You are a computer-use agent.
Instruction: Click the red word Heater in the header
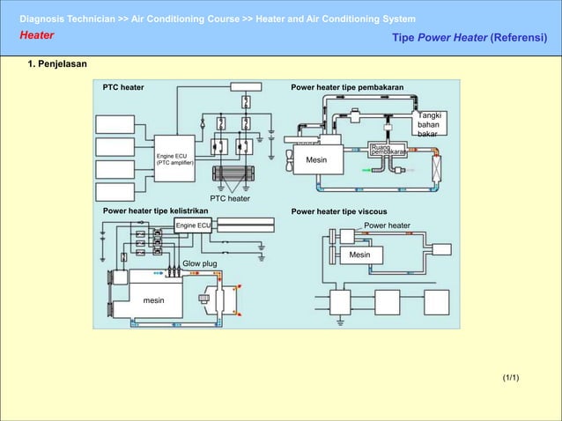coord(37,36)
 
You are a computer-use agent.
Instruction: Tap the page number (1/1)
coord(511,378)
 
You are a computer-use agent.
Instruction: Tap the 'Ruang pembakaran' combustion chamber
coord(388,149)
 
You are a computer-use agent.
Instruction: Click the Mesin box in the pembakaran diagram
coord(316,160)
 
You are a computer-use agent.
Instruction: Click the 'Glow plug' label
coord(199,263)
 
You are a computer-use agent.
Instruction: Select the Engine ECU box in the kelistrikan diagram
coord(192,225)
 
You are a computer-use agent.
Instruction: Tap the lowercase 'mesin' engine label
coord(153,301)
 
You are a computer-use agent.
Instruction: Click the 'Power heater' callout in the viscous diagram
coord(387,225)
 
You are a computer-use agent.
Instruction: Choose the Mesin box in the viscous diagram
coord(359,255)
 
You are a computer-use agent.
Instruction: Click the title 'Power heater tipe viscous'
coord(344,211)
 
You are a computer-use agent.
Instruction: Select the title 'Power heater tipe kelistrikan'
coord(155,211)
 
